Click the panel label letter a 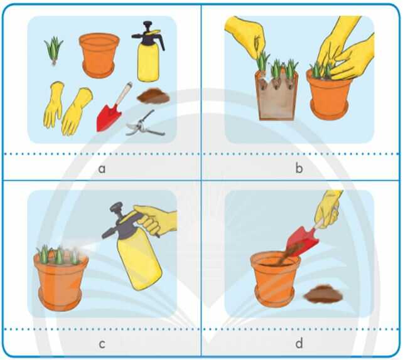coord(102,169)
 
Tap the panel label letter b coord(299,167)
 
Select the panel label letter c coord(102,344)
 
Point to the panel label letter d coord(299,343)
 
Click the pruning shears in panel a coord(144,125)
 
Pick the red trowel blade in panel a coord(109,118)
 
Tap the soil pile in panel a coord(153,96)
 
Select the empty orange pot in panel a coord(99,55)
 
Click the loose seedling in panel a coord(53,51)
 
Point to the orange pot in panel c coord(61,280)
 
